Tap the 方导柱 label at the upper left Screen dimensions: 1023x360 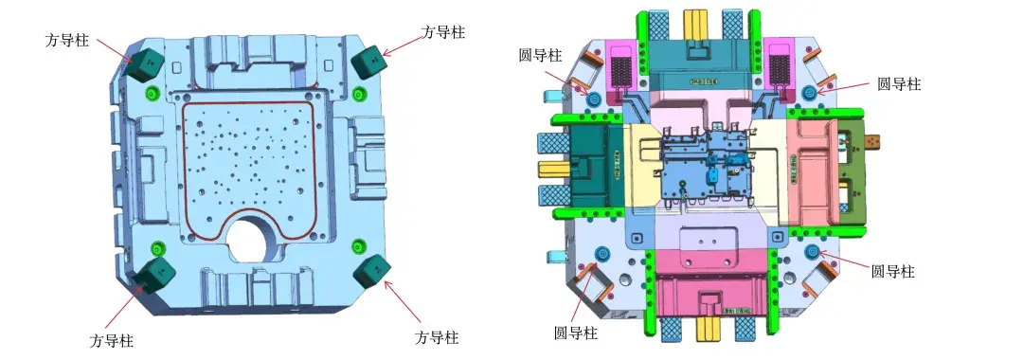(x=66, y=40)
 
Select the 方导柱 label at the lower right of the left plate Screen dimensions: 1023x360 (x=437, y=338)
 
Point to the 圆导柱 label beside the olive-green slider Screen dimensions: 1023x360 (x=899, y=83)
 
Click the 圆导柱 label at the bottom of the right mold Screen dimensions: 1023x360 (x=576, y=333)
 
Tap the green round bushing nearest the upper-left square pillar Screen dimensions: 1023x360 (x=152, y=91)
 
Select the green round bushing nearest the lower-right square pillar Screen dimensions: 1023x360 (x=358, y=246)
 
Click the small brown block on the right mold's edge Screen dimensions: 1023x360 (x=873, y=141)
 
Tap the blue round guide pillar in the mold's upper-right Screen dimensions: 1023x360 (x=811, y=92)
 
